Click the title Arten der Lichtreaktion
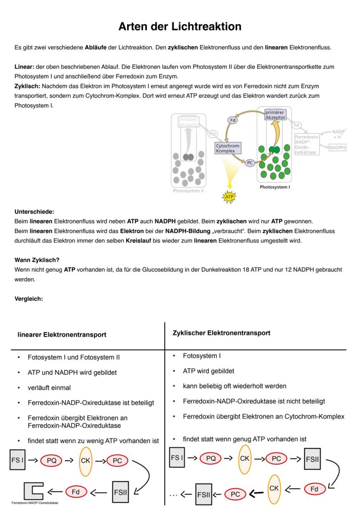[x=180, y=27]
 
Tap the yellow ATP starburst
[x=228, y=196]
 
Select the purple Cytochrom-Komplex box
[x=228, y=148]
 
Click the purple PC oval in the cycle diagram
[x=250, y=163]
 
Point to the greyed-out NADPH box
[x=337, y=148]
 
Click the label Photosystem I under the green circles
[x=274, y=187]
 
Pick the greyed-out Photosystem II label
[x=188, y=190]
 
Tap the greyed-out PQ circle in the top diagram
[x=213, y=134]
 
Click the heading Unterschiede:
[x=34, y=212]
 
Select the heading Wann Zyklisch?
[x=37, y=260]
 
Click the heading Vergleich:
[x=29, y=299]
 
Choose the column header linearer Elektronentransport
[x=62, y=335]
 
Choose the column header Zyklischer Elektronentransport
[x=221, y=333]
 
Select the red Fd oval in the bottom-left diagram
[x=76, y=492]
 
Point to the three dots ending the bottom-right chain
[x=174, y=494]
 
